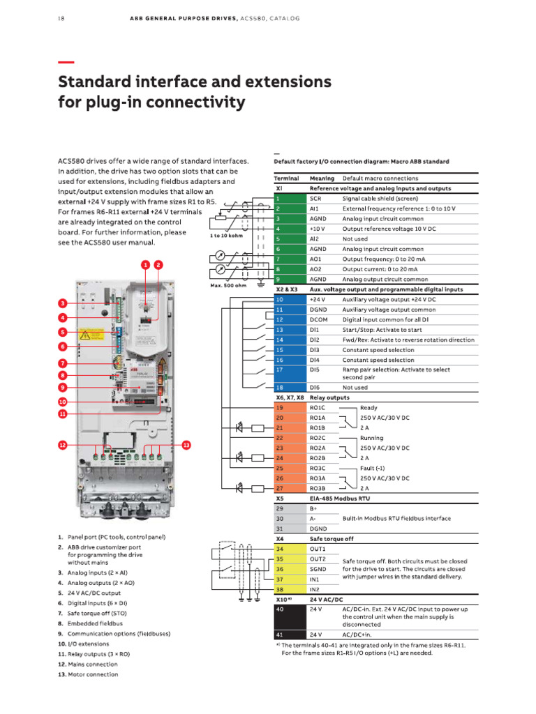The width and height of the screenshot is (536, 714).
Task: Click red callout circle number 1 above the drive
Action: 145,265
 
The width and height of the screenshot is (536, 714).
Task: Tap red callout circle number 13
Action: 186,444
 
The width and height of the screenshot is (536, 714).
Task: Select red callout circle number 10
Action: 62,402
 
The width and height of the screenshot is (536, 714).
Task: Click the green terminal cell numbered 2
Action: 288,208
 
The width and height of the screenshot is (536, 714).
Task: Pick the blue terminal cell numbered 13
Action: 288,329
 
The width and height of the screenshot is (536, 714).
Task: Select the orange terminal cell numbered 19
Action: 288,407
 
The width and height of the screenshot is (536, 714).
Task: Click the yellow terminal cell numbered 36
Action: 288,569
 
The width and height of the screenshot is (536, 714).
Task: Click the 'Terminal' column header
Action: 286,178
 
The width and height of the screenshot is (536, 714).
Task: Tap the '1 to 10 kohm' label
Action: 227,235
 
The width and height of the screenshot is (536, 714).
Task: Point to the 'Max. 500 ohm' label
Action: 229,285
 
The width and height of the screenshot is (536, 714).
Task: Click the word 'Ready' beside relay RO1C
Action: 368,407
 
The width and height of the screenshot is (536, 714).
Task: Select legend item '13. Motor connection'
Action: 88,674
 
